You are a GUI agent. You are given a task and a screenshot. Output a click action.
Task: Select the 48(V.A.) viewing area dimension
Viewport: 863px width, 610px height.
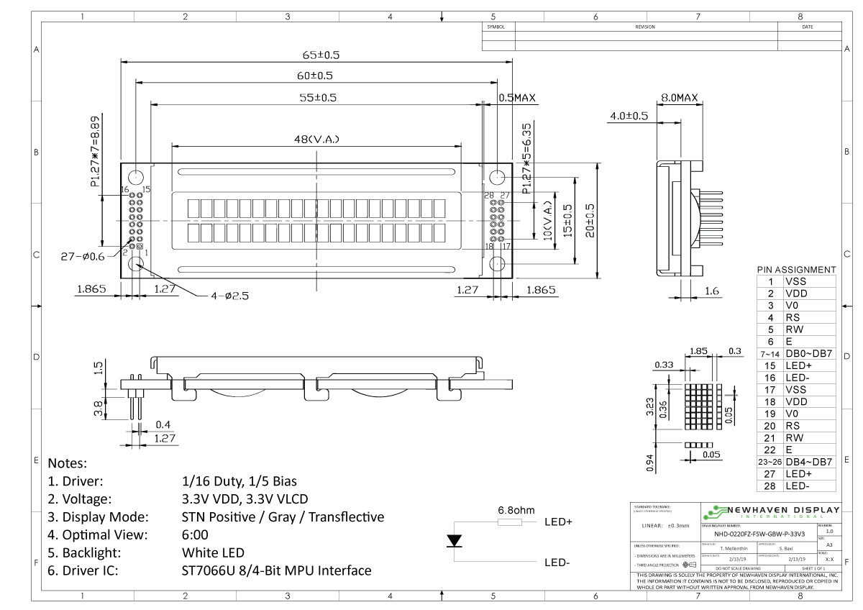pos(316,139)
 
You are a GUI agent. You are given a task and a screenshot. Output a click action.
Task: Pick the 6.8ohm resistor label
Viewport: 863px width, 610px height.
pos(516,510)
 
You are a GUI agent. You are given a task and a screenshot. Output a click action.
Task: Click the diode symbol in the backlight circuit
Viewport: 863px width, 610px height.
pos(455,541)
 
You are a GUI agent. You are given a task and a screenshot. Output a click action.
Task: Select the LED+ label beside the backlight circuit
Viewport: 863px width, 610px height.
pos(558,522)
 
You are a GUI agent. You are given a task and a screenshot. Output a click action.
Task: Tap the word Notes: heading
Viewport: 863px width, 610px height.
pos(67,463)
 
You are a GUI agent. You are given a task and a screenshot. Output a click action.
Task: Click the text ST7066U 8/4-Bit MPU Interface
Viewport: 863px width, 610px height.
pos(277,570)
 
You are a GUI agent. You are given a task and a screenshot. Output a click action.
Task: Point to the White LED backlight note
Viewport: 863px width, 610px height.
pos(214,552)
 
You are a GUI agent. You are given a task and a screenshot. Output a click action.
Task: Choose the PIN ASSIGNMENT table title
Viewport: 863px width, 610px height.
pos(796,270)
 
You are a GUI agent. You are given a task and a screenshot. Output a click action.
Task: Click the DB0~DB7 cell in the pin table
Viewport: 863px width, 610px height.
pos(809,354)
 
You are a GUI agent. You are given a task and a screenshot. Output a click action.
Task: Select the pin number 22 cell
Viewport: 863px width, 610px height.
pos(770,450)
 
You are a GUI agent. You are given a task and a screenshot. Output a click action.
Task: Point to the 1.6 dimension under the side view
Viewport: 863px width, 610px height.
pos(711,291)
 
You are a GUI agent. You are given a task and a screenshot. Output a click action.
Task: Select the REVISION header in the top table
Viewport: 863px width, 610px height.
pos(645,27)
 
